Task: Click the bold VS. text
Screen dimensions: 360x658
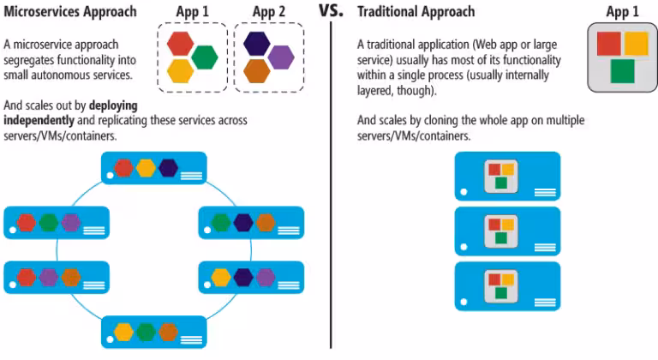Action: pyautogui.click(x=330, y=12)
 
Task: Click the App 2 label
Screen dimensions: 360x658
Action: pyautogui.click(x=269, y=12)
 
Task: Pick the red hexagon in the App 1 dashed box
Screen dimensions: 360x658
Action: pyautogui.click(x=181, y=43)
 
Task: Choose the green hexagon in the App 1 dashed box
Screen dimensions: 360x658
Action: pyautogui.click(x=204, y=57)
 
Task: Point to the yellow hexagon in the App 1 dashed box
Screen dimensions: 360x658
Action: pyautogui.click(x=181, y=69)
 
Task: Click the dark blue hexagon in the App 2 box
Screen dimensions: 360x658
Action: pyautogui.click(x=256, y=43)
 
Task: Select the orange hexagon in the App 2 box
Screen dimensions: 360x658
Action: pyautogui.click(x=256, y=69)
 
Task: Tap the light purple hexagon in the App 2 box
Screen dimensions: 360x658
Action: pyautogui.click(x=280, y=57)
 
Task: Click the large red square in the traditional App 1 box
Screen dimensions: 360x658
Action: pyautogui.click(x=607, y=44)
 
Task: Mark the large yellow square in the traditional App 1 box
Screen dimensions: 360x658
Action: pyautogui.click(x=636, y=44)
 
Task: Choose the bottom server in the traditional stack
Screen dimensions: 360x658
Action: pyautogui.click(x=507, y=286)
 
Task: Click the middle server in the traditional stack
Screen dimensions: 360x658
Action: pyautogui.click(x=507, y=231)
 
